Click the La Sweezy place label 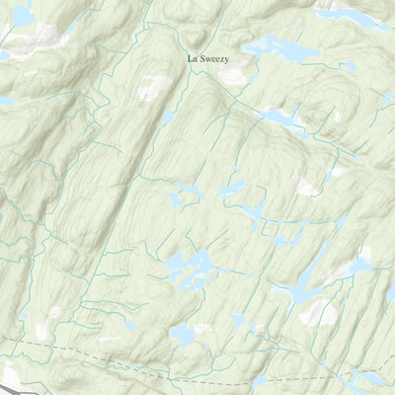click(208, 58)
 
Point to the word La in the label click(193, 58)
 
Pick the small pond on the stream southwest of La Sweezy click(169, 117)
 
